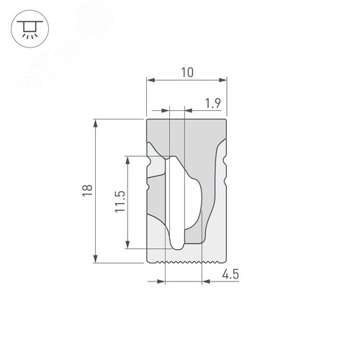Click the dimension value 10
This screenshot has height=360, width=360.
(187, 72)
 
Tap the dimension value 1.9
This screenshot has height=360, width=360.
(212, 103)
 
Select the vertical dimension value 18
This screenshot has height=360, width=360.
(88, 191)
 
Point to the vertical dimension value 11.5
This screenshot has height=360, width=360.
(120, 202)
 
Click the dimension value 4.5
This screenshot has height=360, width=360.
(230, 274)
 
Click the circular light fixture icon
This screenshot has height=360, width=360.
(30, 29)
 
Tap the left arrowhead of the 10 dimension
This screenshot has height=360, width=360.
(150, 80)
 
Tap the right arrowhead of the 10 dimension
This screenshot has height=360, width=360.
(222, 80)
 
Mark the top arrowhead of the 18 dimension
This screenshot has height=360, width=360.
(96, 123)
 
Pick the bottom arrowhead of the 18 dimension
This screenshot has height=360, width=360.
(96, 258)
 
